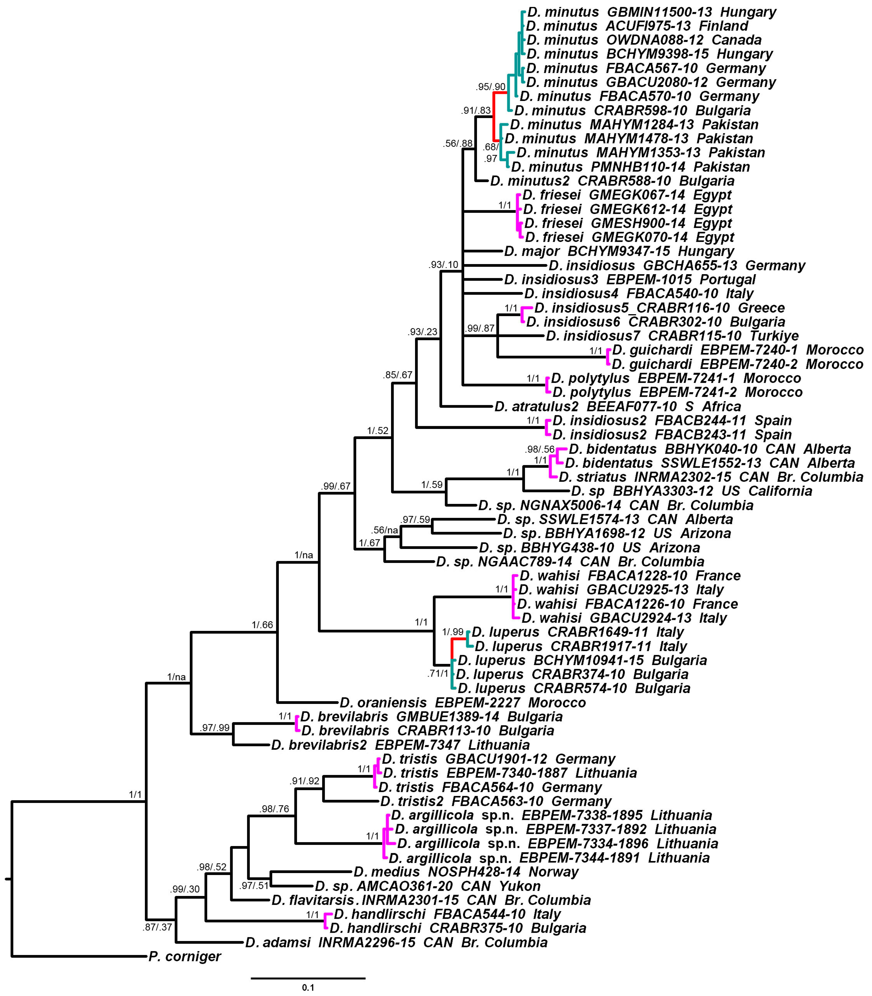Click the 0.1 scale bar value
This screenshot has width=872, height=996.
tap(308, 987)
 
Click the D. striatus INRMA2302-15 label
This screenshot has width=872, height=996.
tap(710, 477)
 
